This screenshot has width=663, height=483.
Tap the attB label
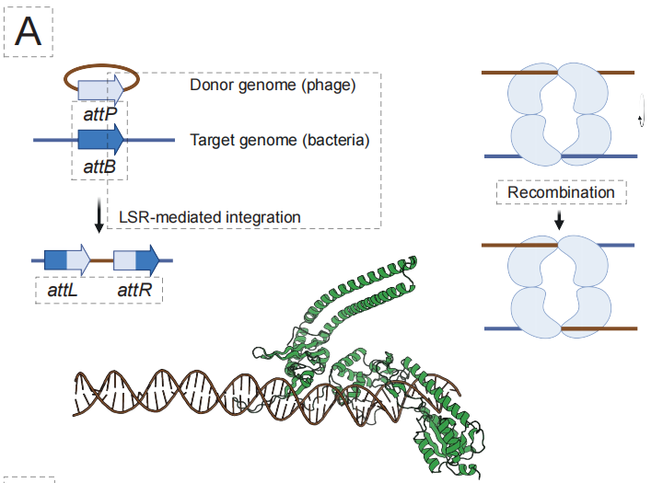pyautogui.click(x=99, y=167)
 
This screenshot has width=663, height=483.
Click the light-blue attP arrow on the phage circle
pyautogui.click(x=100, y=88)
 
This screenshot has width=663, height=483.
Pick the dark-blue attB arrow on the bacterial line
pyautogui.click(x=100, y=140)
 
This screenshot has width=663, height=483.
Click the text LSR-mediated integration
pyautogui.click(x=210, y=217)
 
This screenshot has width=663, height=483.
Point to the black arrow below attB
pyautogui.click(x=99, y=217)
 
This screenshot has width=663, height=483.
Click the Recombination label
pyautogui.click(x=561, y=192)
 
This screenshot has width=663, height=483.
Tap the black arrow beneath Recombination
pyautogui.click(x=561, y=222)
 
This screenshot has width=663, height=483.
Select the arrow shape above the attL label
pyautogui.click(x=67, y=260)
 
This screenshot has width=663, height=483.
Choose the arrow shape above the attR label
pyautogui.click(x=136, y=260)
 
